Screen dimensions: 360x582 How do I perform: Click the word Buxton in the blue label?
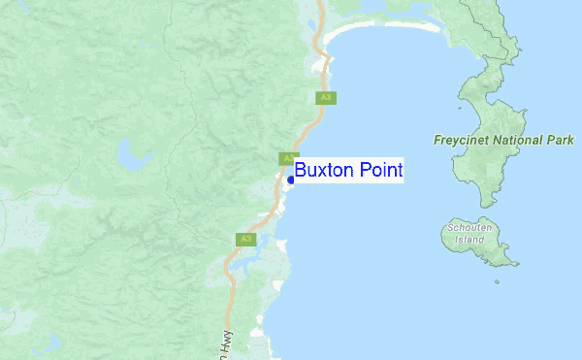[324, 170]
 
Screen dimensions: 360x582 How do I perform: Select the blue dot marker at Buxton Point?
[291, 180]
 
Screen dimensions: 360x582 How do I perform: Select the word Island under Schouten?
[469, 240]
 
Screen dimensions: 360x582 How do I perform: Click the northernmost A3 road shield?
[327, 97]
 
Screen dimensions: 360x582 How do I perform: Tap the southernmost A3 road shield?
[244, 239]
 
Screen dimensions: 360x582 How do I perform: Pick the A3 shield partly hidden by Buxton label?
[287, 158]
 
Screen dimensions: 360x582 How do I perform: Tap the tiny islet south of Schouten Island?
[497, 282]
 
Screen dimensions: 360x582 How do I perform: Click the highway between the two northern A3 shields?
[312, 126]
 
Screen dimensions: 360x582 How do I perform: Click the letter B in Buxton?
[302, 170]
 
